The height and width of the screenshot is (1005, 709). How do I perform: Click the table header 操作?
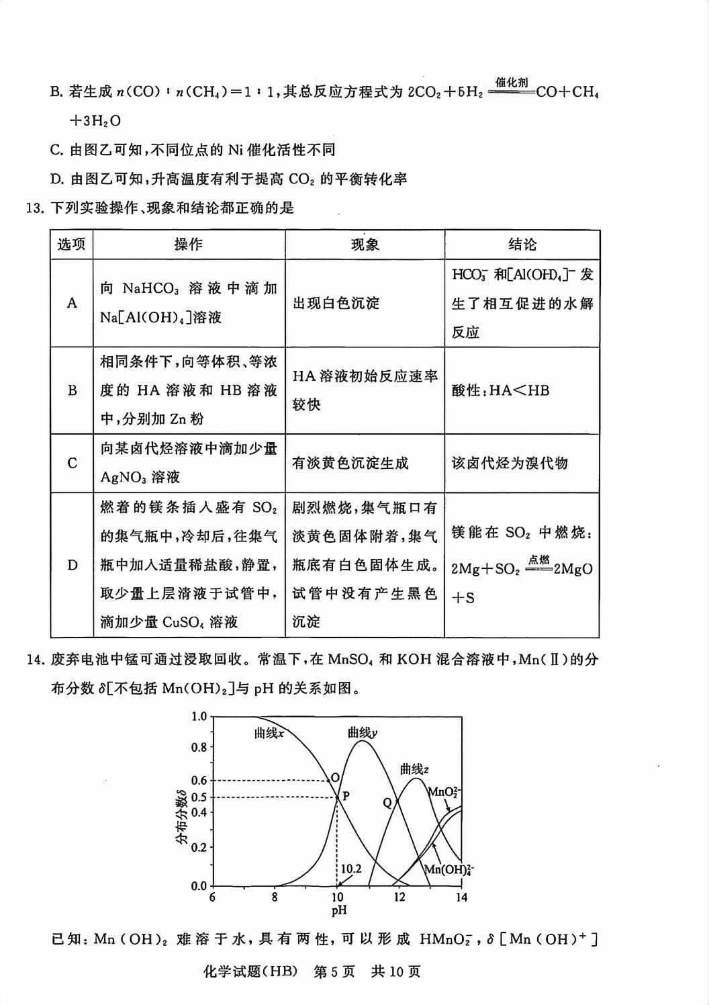pyautogui.click(x=189, y=245)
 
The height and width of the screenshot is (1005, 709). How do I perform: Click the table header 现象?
pyautogui.click(x=365, y=245)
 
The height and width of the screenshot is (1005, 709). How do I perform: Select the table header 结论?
pyautogui.click(x=522, y=245)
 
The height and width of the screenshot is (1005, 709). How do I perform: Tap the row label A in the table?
pyautogui.click(x=72, y=303)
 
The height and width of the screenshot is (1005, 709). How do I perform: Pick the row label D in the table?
pyautogui.click(x=72, y=565)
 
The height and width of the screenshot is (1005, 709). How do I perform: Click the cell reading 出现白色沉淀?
pyautogui.click(x=336, y=303)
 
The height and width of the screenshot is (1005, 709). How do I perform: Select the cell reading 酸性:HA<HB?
pyautogui.click(x=500, y=390)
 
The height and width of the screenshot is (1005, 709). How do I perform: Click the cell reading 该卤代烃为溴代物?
pyautogui.click(x=510, y=463)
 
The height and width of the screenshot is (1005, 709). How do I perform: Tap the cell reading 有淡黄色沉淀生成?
pyautogui.click(x=350, y=463)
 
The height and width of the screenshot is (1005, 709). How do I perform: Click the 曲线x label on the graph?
pyautogui.click(x=269, y=733)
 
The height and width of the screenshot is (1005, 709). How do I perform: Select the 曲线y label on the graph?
pyautogui.click(x=362, y=732)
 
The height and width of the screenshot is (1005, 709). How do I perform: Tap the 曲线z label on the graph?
pyautogui.click(x=414, y=769)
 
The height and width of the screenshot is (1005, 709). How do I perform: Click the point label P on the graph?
pyautogui.click(x=346, y=796)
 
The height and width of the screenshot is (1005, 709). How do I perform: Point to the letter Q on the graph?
pyautogui.click(x=387, y=803)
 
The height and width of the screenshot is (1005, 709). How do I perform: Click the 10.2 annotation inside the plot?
pyautogui.click(x=350, y=869)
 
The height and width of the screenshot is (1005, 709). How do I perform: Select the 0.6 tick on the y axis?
pyautogui.click(x=199, y=781)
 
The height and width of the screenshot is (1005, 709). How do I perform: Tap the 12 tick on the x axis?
pyautogui.click(x=399, y=898)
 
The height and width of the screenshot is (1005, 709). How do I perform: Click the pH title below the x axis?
pyautogui.click(x=338, y=911)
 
